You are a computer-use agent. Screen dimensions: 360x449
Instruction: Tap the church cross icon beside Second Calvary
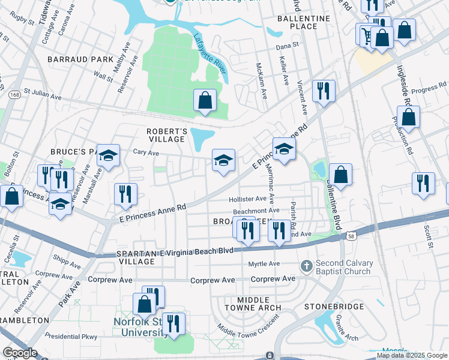[x=307, y=265]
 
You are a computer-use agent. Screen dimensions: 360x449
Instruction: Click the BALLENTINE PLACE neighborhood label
[x=305, y=23]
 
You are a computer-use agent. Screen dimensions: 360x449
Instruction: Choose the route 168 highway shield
[x=15, y=95]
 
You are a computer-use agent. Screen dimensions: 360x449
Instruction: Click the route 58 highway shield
[x=350, y=237]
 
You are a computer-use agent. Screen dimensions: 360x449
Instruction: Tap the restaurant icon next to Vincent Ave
[x=324, y=91]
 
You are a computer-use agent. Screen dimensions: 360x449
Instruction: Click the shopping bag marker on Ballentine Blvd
[x=340, y=175]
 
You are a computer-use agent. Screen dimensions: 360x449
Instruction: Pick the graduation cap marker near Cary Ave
[x=108, y=155]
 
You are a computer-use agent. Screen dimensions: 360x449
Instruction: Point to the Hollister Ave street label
[x=247, y=199]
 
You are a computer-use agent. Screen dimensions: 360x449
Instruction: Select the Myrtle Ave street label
[x=264, y=263]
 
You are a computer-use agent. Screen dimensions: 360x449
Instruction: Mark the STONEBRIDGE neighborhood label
[x=334, y=306]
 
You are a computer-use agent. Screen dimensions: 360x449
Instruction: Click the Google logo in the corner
[x=20, y=353]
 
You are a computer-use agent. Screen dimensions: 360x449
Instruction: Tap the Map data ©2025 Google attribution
[x=412, y=355]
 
